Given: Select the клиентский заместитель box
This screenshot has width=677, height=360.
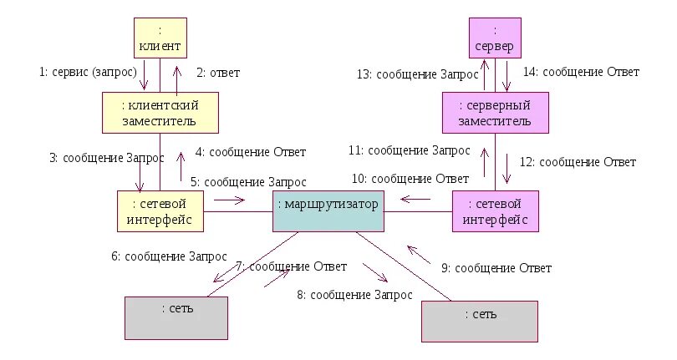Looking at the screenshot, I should pos(160,112).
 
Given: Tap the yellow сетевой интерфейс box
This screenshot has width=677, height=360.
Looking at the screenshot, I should pos(160,210).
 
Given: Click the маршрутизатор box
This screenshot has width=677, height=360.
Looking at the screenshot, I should pos(328,211).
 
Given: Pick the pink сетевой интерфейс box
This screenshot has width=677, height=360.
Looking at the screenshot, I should pos(495,210).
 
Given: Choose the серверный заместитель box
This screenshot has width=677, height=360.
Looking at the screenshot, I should pos(495,112).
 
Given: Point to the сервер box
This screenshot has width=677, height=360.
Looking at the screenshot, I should pos(494,38).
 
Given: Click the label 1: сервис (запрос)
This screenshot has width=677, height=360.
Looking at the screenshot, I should pos(87,72).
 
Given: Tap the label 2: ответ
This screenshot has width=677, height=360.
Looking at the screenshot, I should pos(218,73).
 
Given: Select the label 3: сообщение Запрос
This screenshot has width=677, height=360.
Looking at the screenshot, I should pos(100,156).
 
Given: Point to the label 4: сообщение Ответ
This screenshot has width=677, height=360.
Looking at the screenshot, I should pos(251,152).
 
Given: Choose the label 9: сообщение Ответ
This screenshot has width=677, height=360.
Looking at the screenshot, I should pos(496,268).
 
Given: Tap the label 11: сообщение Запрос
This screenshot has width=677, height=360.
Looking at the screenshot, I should pos(410,150).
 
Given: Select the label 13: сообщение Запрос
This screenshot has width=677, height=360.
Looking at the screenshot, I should pos(417,74).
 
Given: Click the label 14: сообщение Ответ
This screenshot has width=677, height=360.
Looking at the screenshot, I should pos(582,72).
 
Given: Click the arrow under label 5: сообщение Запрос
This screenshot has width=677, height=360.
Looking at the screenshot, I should pos(228,200).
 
